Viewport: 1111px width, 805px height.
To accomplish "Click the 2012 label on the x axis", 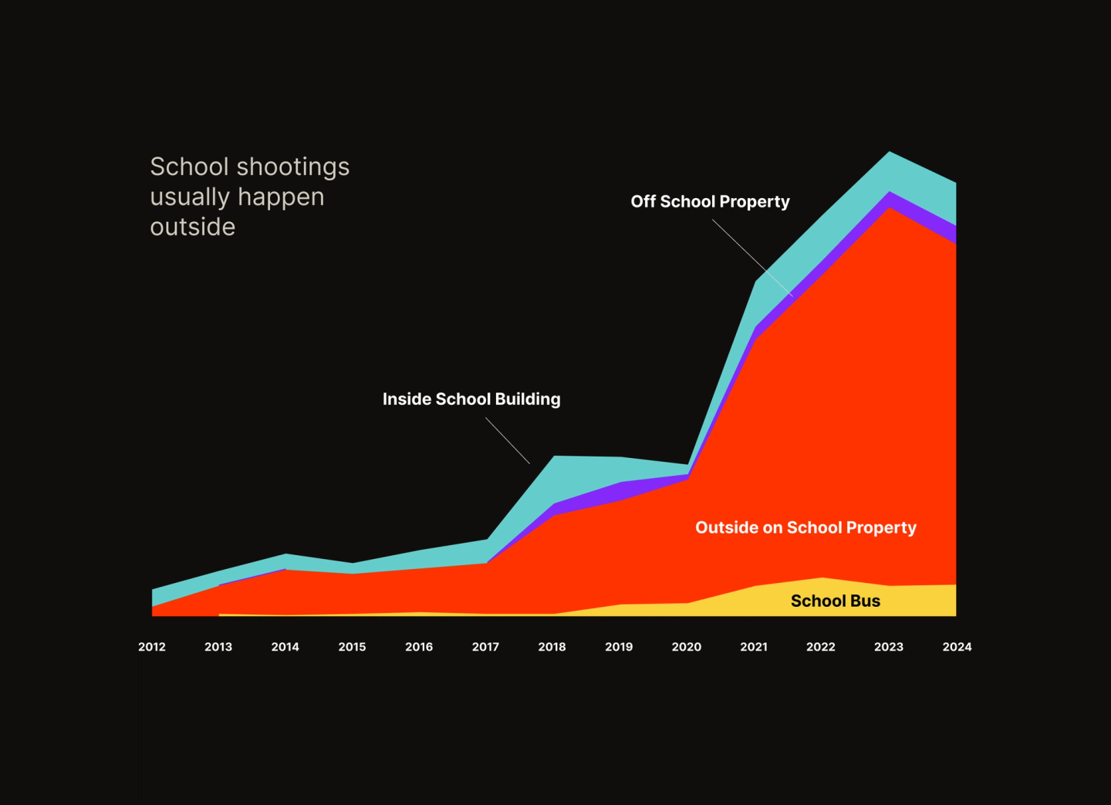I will point(152,647).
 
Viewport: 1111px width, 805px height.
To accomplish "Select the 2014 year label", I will point(285,647).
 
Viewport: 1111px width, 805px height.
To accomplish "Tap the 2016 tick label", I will point(419,647).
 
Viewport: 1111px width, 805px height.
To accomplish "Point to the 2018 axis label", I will point(552,647).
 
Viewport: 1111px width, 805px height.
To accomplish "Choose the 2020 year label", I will point(687,647).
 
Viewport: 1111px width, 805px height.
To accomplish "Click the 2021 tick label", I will point(754,647).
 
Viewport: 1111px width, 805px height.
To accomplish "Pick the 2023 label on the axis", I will point(889,647).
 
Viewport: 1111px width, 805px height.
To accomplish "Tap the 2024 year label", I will point(957,647).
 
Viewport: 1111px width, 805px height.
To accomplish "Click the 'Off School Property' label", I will point(710,202).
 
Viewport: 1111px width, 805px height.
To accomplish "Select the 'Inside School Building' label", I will point(471,399).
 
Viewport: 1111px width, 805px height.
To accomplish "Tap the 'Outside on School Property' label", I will point(805,528).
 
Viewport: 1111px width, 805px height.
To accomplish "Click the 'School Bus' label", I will point(836,601).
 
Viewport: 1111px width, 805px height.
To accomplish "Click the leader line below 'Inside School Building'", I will point(508,441).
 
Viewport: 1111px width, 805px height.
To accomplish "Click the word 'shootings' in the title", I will point(293,167).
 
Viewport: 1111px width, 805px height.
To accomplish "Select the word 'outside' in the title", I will point(193,227).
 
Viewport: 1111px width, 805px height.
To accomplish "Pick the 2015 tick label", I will point(352,647).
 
